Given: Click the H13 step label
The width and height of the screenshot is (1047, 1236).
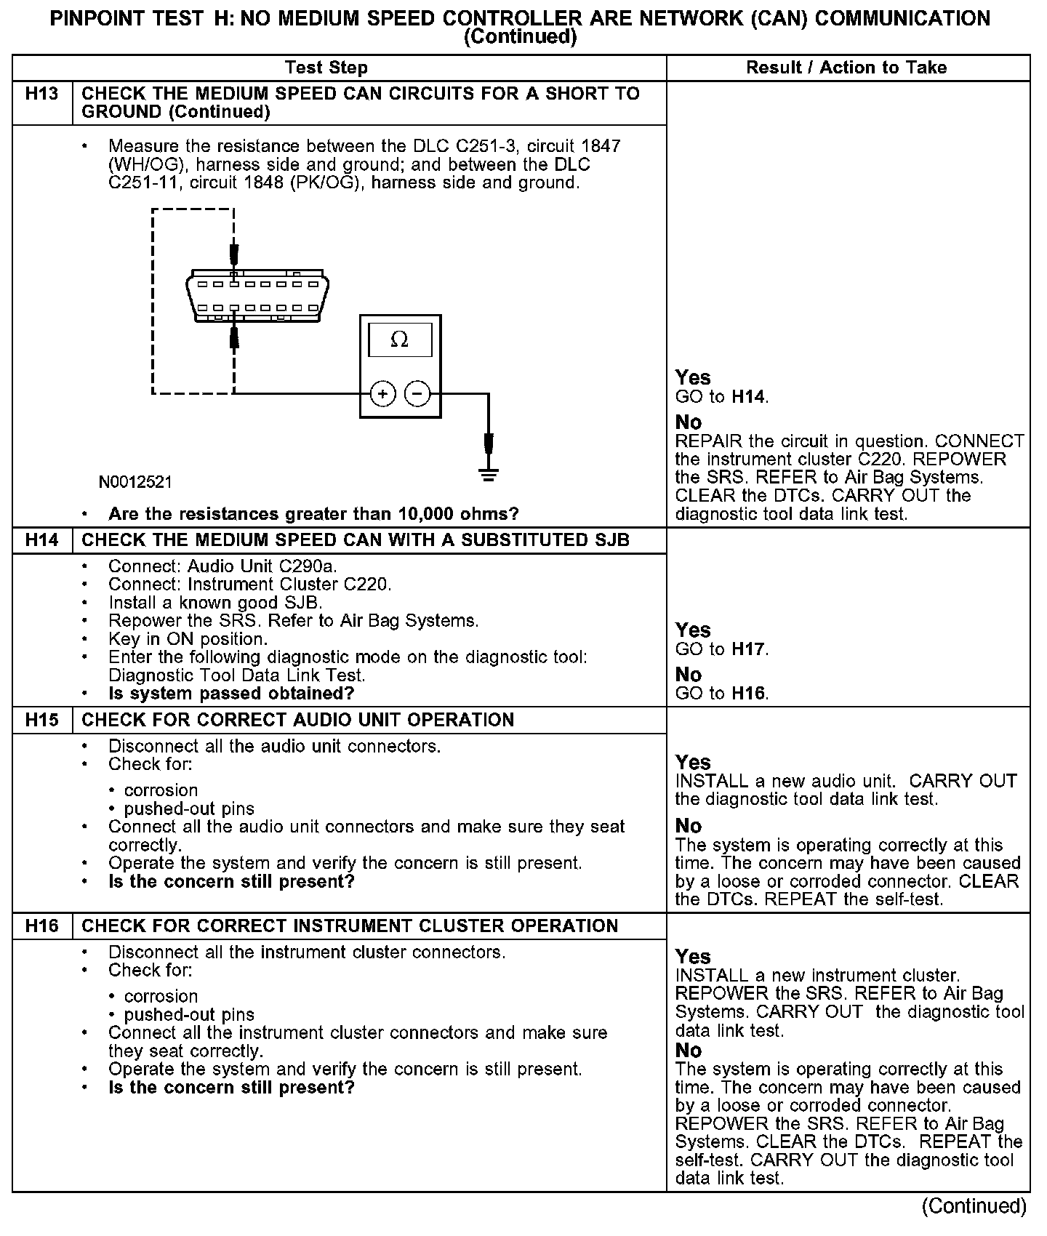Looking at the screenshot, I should pos(41,94).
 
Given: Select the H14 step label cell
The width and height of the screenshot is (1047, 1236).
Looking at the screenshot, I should pos(41,540).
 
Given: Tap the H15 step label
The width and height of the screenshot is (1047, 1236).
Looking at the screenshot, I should pos(41,720).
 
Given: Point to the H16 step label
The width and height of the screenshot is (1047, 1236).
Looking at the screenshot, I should pos(41,926).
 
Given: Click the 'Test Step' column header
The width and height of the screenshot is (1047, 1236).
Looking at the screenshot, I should pos(326,68).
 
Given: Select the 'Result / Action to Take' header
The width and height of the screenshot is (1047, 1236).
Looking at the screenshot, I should pos(846,68).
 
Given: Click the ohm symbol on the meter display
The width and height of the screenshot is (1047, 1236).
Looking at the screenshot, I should pos(399,340).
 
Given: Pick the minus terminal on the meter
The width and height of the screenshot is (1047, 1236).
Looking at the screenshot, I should pos(417,394).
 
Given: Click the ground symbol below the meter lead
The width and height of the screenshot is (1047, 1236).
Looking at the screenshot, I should pos(489,476).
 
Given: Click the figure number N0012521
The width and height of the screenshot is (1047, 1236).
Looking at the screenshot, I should pos(136,482).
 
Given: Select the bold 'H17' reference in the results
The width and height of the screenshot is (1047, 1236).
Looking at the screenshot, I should pos(748,649).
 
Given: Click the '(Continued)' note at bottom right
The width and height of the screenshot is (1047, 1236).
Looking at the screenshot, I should pos(974,1206).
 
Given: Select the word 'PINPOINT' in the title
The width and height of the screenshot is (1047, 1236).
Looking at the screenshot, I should pos(95,18).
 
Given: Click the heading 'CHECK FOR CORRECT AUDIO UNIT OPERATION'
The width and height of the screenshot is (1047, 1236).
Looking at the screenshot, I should pos(298,720).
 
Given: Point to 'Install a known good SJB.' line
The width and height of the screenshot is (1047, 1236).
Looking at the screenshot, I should pos(215,603).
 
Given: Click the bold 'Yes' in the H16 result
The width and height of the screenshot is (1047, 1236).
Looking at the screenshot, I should pos(693,957).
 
